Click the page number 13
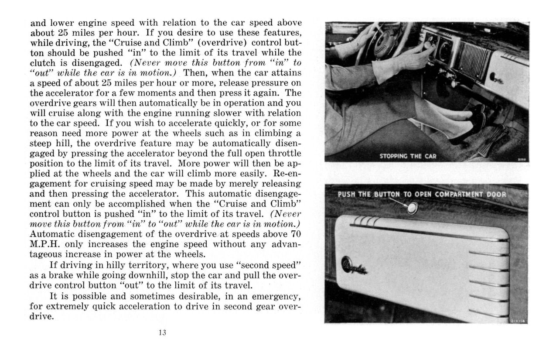[x=163, y=333]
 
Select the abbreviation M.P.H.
[x=44, y=244]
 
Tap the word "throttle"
[x=283, y=153]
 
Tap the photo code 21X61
[x=522, y=160]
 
